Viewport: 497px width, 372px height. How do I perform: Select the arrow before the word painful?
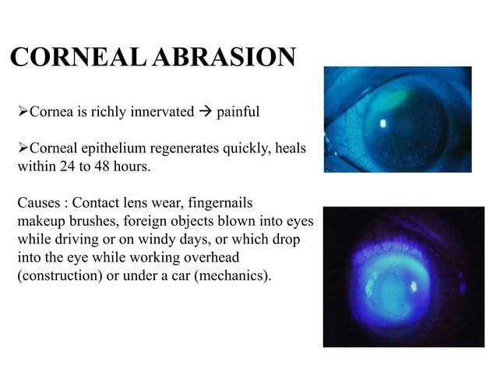(205, 112)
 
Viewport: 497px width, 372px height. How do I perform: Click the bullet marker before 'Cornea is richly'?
(23, 112)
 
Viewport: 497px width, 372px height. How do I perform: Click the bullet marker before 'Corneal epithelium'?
(23, 149)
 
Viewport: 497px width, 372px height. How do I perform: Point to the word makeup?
(39, 221)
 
